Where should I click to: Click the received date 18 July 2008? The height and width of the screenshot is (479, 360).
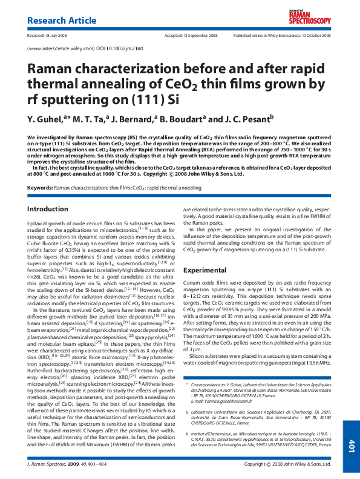(56, 36)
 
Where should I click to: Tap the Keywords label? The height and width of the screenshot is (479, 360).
(40, 188)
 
